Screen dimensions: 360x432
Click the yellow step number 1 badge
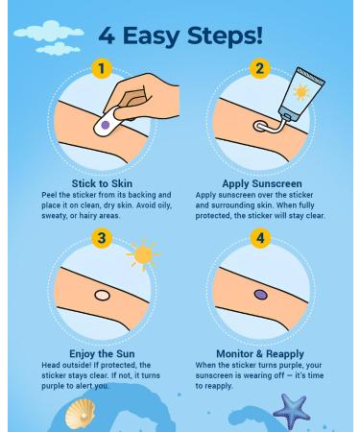[102, 68]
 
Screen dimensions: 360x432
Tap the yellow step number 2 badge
[259, 68]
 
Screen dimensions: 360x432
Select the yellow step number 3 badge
[102, 238]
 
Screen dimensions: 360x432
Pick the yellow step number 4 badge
[260, 238]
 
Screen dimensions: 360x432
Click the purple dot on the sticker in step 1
[106, 125]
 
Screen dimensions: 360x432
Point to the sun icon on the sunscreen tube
[301, 92]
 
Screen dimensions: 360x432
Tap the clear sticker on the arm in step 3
[103, 295]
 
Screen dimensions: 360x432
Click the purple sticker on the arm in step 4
[260, 295]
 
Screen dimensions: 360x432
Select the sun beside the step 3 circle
[143, 254]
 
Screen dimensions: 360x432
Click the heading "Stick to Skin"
[102, 183]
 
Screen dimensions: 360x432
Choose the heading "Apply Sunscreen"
[262, 183]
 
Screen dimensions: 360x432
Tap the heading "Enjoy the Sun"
[102, 354]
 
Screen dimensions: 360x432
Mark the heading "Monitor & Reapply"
[260, 354]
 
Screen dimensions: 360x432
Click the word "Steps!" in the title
[225, 36]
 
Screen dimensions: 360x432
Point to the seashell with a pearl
[80, 414]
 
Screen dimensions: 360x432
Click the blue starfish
[291, 411]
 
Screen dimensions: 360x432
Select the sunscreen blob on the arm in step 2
[260, 127]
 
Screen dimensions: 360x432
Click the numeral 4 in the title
[107, 36]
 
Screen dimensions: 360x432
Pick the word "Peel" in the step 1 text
[50, 195]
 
